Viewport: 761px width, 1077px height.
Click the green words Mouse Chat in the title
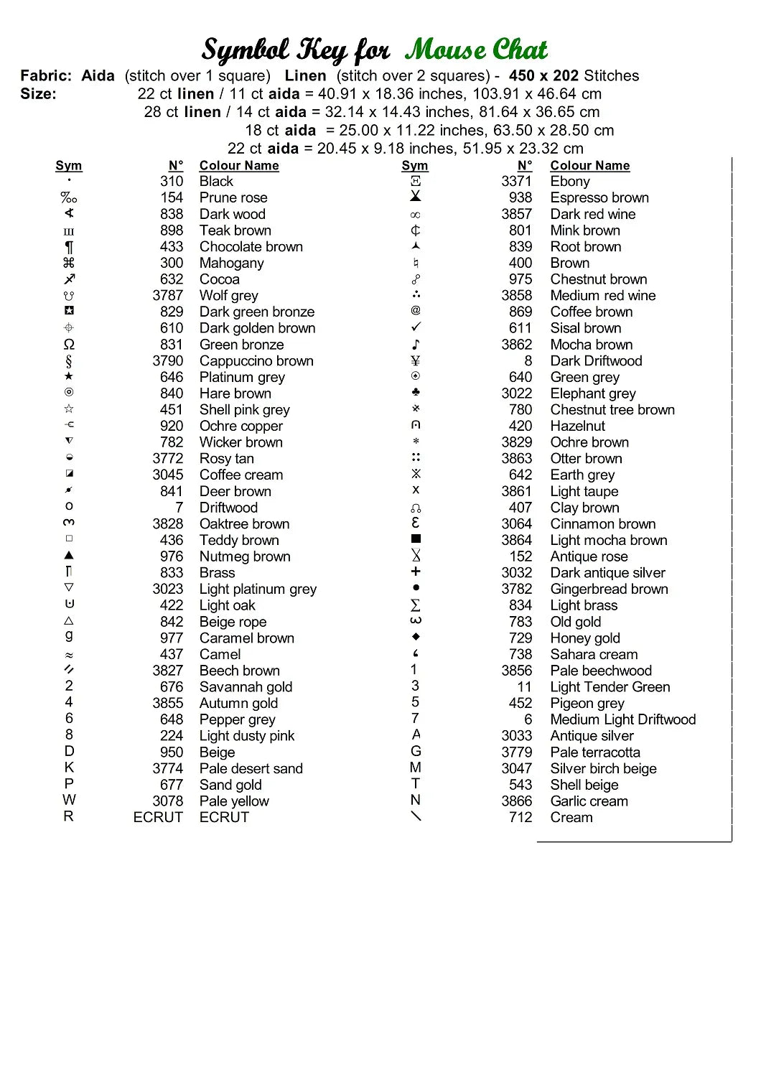point(476,50)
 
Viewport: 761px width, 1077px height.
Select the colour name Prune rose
point(233,197)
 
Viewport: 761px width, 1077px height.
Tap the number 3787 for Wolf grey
point(167,295)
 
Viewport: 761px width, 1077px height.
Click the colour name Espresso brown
point(599,197)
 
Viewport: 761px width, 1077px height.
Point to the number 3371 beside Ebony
point(517,181)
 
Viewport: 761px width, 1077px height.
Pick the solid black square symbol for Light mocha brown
point(416,538)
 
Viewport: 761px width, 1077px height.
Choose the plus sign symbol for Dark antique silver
point(416,572)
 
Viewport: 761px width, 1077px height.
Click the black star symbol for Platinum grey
point(69,376)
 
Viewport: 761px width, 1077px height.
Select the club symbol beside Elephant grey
point(416,392)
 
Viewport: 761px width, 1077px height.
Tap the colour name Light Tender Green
point(610,687)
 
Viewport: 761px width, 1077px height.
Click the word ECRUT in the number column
point(158,817)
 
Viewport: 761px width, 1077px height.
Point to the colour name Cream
point(571,817)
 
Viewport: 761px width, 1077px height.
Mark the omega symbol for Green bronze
point(69,345)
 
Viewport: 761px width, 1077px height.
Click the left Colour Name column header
point(239,166)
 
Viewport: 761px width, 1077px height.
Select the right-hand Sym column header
point(415,166)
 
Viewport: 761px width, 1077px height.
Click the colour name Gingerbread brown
point(609,589)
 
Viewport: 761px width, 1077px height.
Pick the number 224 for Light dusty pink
point(172,736)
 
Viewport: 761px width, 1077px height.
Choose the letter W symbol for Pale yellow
point(69,800)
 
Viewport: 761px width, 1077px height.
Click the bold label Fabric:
point(46,75)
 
